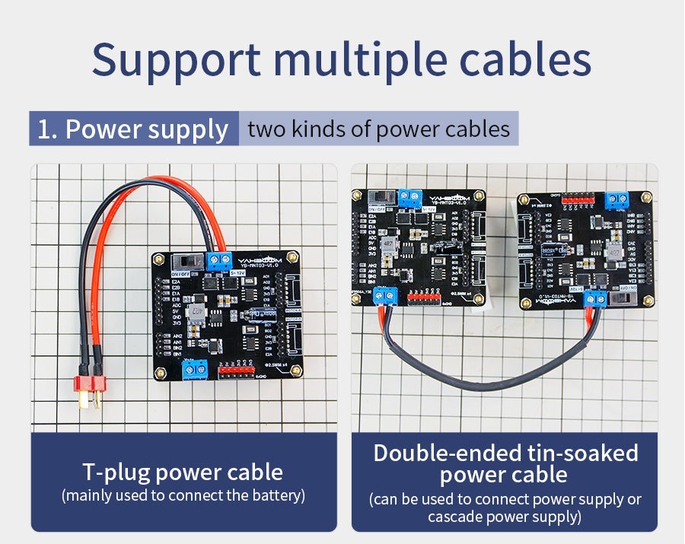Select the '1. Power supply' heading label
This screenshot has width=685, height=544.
[133, 129]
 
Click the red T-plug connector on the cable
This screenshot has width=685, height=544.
[90, 390]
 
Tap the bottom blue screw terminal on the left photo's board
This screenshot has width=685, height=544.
[195, 370]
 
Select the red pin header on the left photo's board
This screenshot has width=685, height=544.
[236, 372]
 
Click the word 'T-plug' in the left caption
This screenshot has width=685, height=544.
[116, 472]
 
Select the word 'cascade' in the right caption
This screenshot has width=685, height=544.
[454, 517]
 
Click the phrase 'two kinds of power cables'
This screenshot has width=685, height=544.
[378, 129]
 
